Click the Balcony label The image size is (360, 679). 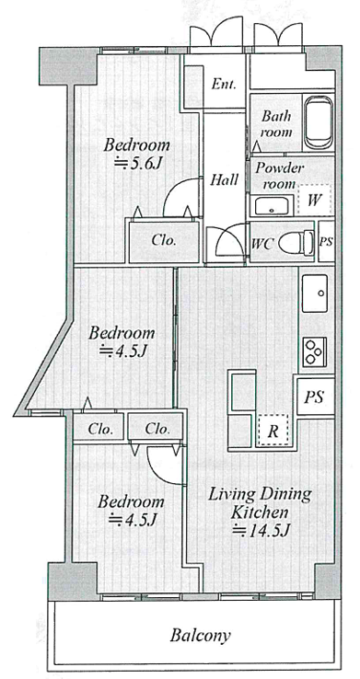(200, 636)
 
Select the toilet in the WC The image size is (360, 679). (296, 244)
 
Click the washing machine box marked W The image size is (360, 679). (315, 200)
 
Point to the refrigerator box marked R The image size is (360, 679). (272, 431)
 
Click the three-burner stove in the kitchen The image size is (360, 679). (314, 351)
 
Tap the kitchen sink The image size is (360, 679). (315, 293)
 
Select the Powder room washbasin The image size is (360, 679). (272, 206)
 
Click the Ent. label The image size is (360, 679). (224, 84)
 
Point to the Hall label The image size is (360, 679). (224, 179)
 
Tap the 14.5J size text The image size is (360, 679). (261, 529)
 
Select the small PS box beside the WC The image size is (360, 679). (326, 242)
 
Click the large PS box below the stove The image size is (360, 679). (316, 397)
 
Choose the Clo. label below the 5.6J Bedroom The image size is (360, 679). (164, 241)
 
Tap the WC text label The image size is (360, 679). (262, 244)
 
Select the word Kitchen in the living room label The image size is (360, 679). (259, 512)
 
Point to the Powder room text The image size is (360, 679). (279, 176)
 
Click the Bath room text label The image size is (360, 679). (277, 124)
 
